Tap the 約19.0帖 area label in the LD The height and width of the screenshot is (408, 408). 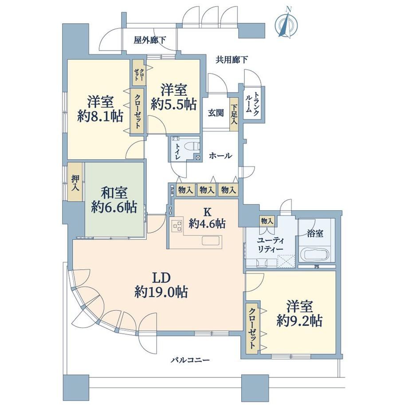pyautogui.click(x=161, y=292)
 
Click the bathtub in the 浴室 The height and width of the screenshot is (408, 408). pyautogui.click(x=315, y=254)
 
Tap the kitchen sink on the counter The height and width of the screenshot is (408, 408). pyautogui.click(x=212, y=240)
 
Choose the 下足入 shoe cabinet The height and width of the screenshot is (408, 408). pyautogui.click(x=234, y=114)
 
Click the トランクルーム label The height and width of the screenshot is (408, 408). pyautogui.click(x=252, y=102)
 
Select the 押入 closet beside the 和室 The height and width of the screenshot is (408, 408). pyautogui.click(x=75, y=182)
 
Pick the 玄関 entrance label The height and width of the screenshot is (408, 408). pyautogui.click(x=216, y=113)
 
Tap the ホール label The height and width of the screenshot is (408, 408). pyautogui.click(x=220, y=156)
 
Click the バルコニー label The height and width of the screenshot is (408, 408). pyautogui.click(x=190, y=360)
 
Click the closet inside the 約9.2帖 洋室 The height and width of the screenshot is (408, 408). pyautogui.click(x=253, y=328)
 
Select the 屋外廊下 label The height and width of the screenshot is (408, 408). pyautogui.click(x=150, y=40)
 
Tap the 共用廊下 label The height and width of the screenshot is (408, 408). pyautogui.click(x=231, y=60)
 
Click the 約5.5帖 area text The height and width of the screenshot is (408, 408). pyautogui.click(x=174, y=104)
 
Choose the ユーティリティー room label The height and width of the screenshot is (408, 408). pyautogui.click(x=271, y=244)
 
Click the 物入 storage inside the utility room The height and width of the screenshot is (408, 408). pyautogui.click(x=267, y=221)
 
